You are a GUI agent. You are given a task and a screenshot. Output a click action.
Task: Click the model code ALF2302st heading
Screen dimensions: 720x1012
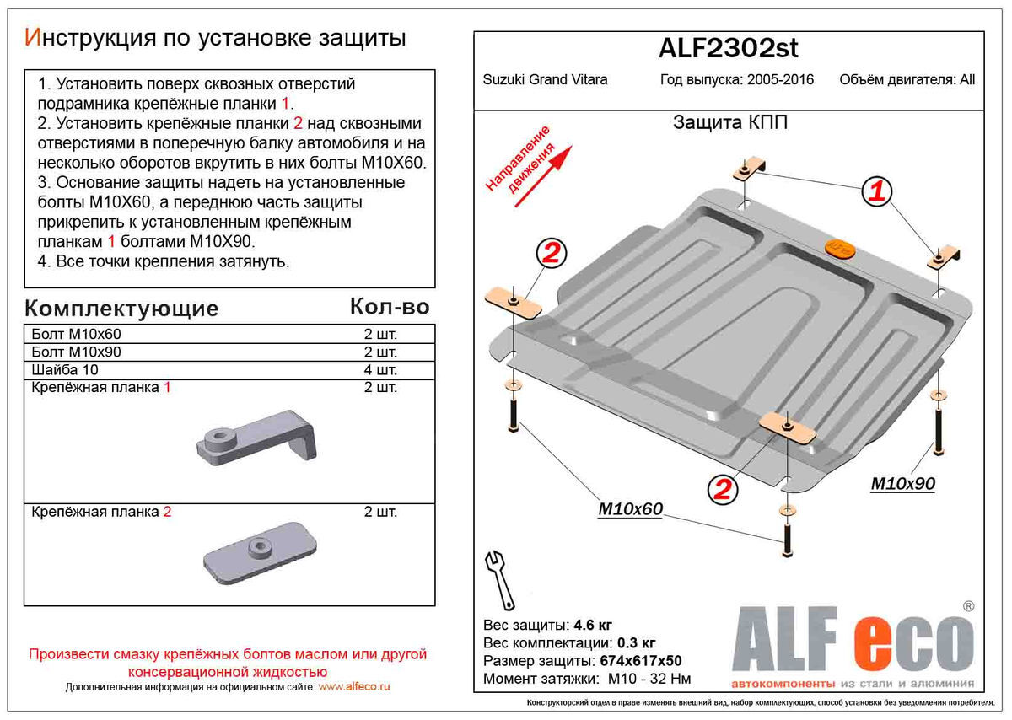pos(728,49)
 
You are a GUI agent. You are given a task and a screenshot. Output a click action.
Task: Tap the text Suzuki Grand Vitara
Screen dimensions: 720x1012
pos(545,80)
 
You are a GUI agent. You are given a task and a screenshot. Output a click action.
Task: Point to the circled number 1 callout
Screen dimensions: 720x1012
pos(877,192)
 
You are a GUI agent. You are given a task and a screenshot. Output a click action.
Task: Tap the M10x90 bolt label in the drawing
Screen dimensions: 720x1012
pos(902,483)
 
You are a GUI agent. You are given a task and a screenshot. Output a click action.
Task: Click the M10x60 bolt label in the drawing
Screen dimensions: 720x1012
pos(630,508)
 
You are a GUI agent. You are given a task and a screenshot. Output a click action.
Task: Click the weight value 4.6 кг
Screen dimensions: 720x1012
pos(593,626)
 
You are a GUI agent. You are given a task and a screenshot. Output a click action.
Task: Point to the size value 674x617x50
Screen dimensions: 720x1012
pos(639,661)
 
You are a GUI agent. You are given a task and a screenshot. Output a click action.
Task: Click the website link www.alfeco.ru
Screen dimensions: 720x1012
pos(354,687)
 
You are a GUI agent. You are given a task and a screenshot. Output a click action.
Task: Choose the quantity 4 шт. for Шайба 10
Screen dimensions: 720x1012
pos(380,369)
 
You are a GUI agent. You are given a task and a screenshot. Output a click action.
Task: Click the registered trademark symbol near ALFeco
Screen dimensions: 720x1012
pos(968,606)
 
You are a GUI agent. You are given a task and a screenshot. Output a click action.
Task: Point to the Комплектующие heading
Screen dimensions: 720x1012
pos(121,308)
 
